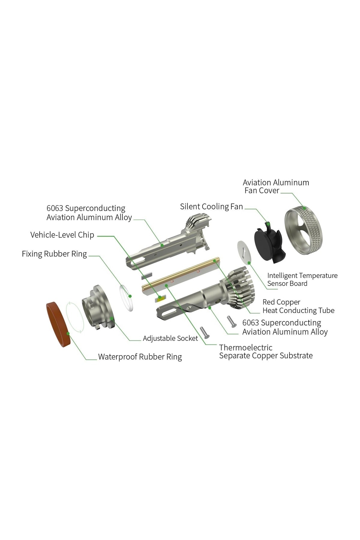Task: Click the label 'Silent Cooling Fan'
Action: tap(211, 207)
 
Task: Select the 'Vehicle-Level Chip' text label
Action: tap(62, 235)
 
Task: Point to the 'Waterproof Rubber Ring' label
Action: tap(140, 357)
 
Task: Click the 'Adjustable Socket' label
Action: tap(170, 338)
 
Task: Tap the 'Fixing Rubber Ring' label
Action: tap(54, 254)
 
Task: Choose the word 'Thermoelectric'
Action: tap(246, 348)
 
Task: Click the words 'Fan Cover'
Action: tap(262, 190)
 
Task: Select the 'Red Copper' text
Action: tap(281, 302)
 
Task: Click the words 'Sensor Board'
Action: tap(287, 284)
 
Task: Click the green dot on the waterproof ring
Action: tap(68, 333)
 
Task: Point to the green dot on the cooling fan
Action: tap(268, 223)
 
